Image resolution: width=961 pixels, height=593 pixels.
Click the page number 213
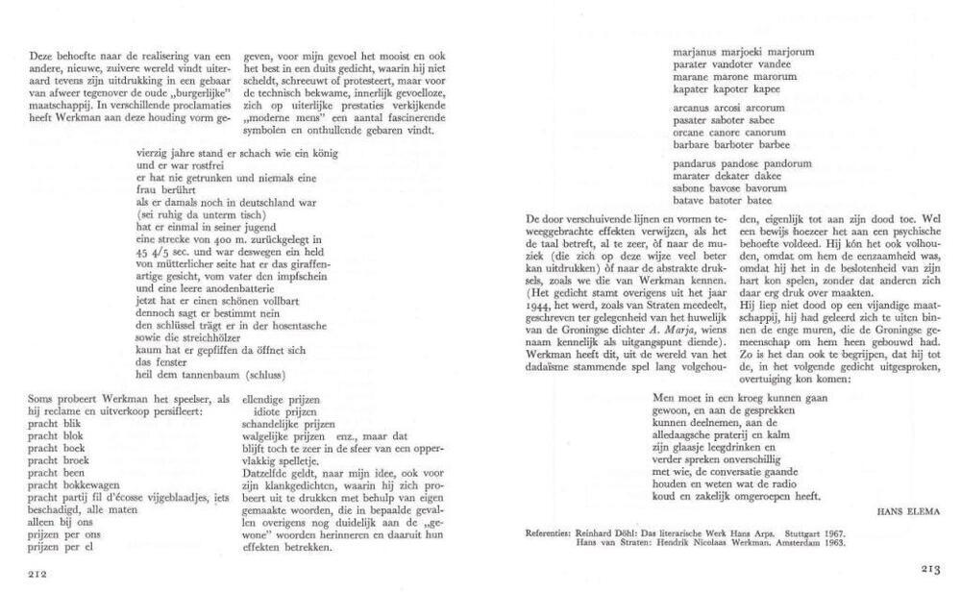pos(929,570)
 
